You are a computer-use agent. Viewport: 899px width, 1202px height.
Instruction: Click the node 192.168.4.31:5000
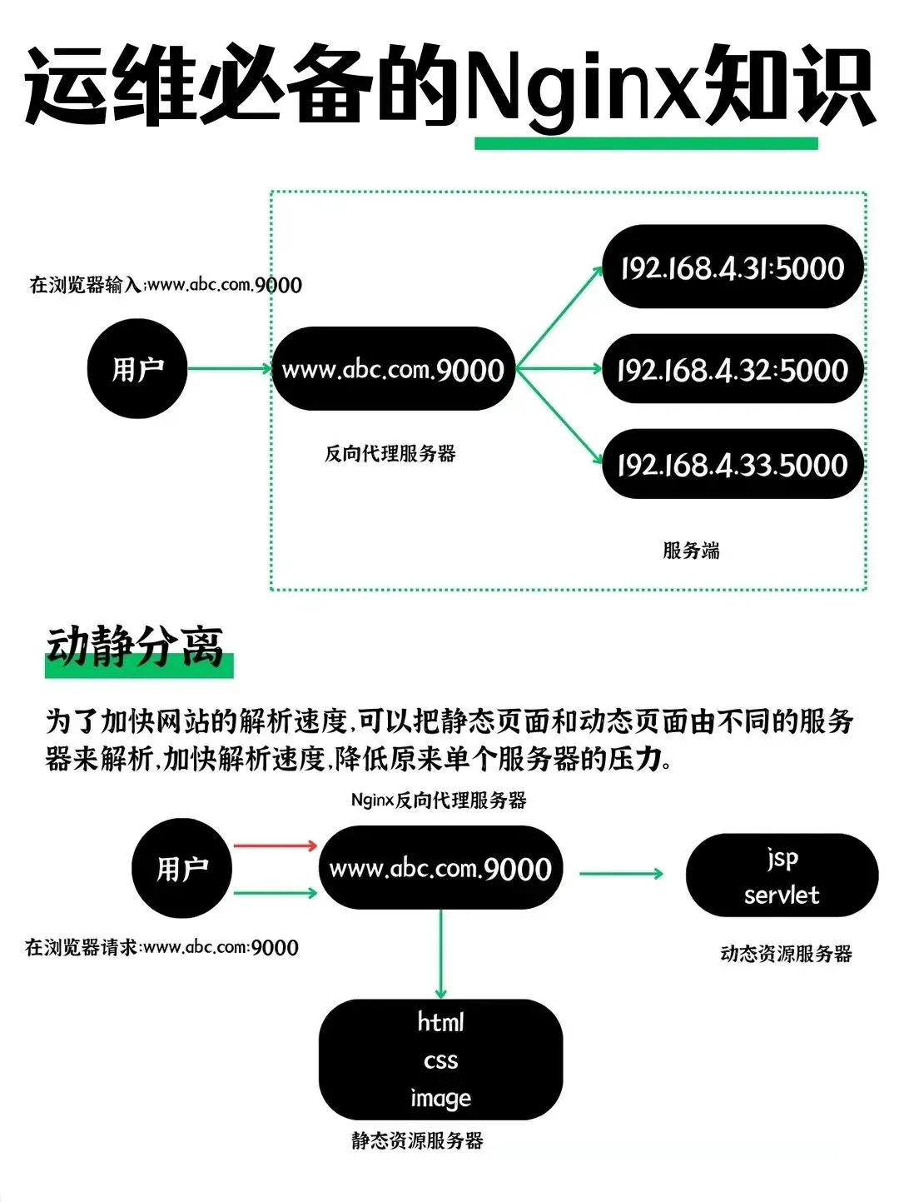[x=733, y=267]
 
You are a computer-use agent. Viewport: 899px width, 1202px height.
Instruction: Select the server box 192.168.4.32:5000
[x=733, y=369]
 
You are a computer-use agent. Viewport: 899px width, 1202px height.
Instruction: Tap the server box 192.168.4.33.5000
[x=733, y=464]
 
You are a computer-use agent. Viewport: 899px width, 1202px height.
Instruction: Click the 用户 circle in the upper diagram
[x=137, y=368]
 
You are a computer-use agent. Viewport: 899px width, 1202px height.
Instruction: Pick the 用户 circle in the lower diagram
[x=181, y=868]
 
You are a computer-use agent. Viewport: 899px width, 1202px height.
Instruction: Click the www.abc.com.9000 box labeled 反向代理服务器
[x=393, y=368]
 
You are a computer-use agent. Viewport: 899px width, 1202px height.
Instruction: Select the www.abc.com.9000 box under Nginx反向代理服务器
[x=440, y=868]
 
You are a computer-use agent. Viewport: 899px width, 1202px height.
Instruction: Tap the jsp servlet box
[x=782, y=875]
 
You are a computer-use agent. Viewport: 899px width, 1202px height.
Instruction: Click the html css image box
[x=440, y=1060]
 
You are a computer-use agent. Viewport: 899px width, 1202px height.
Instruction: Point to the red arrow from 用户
[x=275, y=845]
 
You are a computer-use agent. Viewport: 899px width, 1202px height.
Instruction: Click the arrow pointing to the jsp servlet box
[x=621, y=874]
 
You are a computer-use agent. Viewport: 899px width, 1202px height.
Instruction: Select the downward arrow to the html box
[x=440, y=954]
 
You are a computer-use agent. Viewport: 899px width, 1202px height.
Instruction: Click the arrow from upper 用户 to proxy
[x=229, y=368]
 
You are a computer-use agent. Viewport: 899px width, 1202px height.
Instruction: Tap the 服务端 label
[x=691, y=551]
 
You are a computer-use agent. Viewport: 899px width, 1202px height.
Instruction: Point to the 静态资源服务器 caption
[x=417, y=1140]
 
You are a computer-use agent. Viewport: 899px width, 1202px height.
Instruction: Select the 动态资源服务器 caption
[x=786, y=954]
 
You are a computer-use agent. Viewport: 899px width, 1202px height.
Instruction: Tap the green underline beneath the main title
[x=646, y=143]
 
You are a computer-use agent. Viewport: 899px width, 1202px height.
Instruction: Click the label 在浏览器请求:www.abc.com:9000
[x=161, y=947]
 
